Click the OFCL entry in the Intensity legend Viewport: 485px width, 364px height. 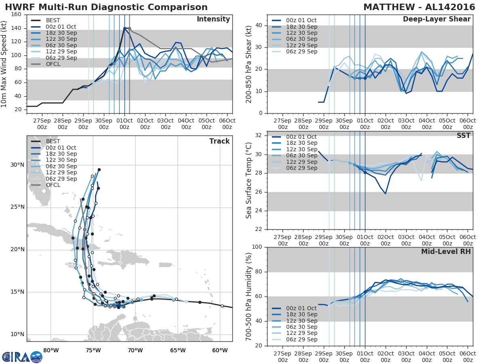point(53,63)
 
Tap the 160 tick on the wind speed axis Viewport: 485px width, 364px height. point(17,15)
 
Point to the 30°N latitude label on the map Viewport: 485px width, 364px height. point(17,165)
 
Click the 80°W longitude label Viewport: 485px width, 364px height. point(50,350)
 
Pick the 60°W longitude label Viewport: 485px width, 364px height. point(219,350)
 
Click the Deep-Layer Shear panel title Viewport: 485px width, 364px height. point(436,19)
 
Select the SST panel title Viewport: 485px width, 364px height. point(464,135)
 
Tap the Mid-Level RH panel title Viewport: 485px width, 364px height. point(446,252)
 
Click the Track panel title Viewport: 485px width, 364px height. point(219,141)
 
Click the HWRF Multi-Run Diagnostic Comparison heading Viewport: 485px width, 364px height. point(106,7)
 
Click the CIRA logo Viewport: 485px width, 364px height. point(22,357)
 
